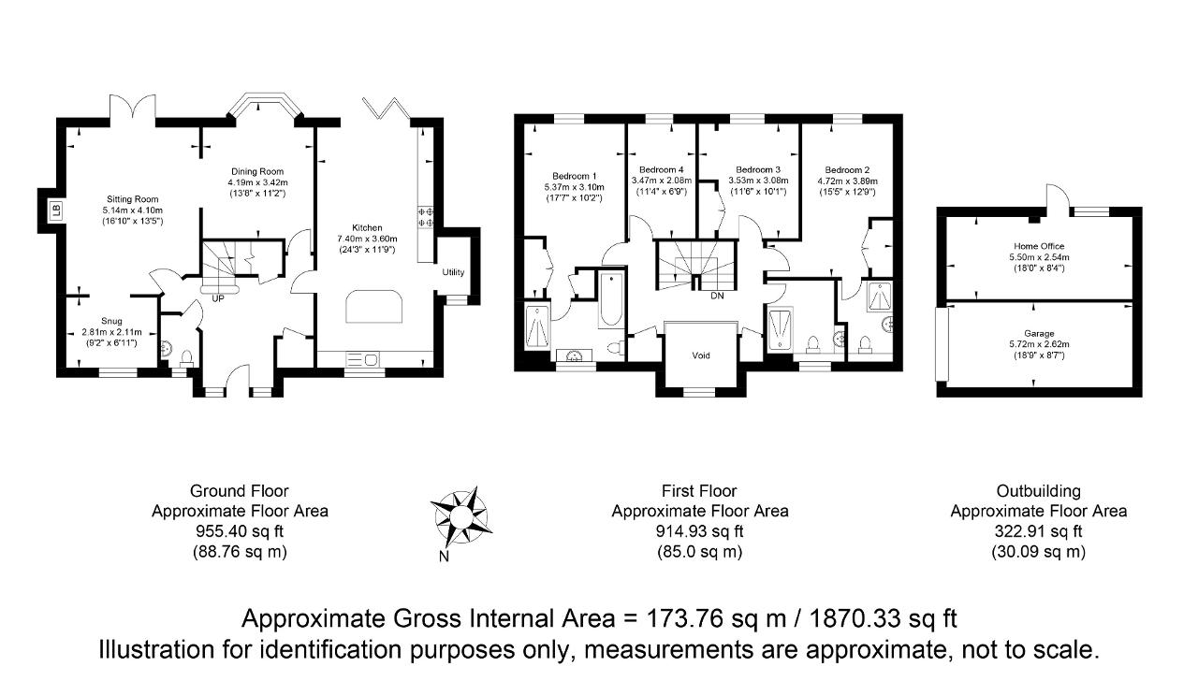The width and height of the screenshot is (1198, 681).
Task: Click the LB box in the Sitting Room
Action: pyautogui.click(x=57, y=210)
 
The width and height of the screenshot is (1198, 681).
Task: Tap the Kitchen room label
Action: pyautogui.click(x=367, y=227)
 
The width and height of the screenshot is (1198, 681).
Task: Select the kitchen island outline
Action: pyautogui.click(x=373, y=306)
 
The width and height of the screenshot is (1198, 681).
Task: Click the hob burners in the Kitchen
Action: pyautogui.click(x=426, y=217)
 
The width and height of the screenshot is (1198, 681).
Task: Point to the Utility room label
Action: pyautogui.click(x=453, y=272)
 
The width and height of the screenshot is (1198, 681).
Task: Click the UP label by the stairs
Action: pyautogui.click(x=218, y=298)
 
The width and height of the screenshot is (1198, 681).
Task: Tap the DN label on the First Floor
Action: pyautogui.click(x=717, y=296)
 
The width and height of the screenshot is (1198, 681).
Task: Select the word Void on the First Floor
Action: pyautogui.click(x=701, y=355)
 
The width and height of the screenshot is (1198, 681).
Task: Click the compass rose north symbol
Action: pyautogui.click(x=461, y=517)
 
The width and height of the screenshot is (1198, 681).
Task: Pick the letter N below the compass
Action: pyautogui.click(x=444, y=557)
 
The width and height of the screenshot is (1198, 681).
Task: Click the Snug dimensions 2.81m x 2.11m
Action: pyautogui.click(x=111, y=332)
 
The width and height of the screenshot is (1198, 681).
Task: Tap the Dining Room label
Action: pyautogui.click(x=257, y=171)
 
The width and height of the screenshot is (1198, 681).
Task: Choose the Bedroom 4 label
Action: pyautogui.click(x=661, y=170)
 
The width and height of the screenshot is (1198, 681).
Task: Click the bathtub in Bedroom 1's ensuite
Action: pyautogui.click(x=611, y=299)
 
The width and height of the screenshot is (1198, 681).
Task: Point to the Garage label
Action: pyautogui.click(x=1039, y=334)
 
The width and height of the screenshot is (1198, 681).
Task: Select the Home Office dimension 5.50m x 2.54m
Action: pyautogui.click(x=1039, y=257)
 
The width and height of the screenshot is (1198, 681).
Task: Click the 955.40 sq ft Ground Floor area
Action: pyautogui.click(x=240, y=531)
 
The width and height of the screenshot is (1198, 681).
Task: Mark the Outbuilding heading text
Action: pyautogui.click(x=1039, y=491)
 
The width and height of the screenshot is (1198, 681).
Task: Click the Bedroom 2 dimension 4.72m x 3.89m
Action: pyautogui.click(x=847, y=181)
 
